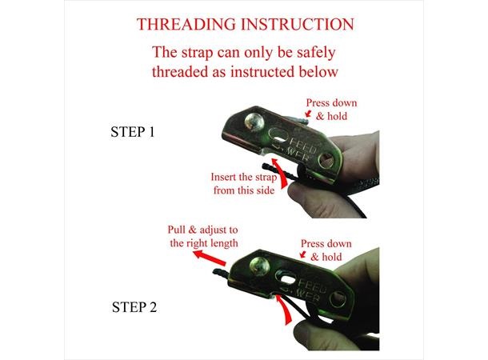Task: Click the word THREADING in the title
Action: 186,24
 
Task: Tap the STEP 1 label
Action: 133,132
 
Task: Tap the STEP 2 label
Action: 134,307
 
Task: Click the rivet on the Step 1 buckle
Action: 254,122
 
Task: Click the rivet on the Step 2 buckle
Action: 259,266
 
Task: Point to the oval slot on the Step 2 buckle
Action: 287,278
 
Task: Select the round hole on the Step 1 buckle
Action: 326,161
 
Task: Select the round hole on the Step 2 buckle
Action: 338,300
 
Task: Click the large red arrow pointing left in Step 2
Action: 209,258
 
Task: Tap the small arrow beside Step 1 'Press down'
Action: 309,114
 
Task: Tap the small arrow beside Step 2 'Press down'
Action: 303,254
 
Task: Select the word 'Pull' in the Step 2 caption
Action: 177,230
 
